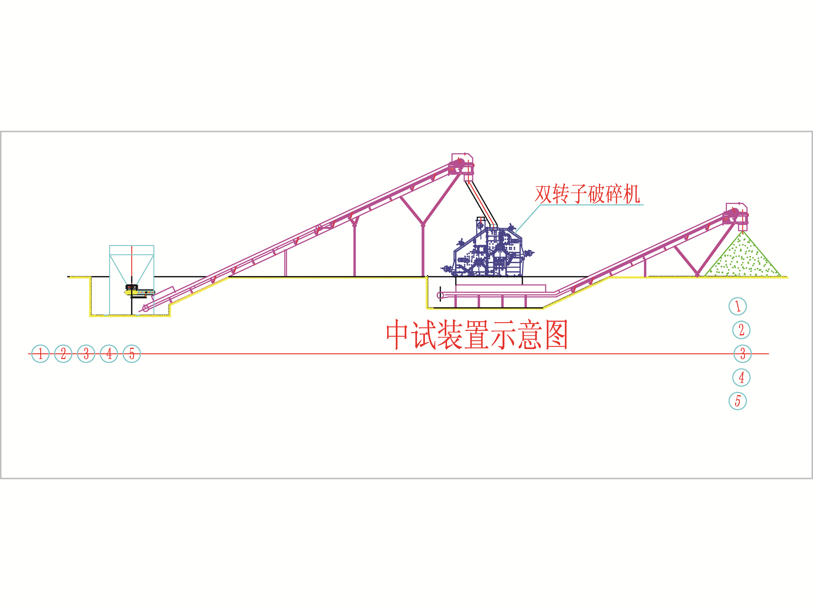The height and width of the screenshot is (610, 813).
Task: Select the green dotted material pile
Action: coord(742,254)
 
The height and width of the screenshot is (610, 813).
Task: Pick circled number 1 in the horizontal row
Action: coord(40,354)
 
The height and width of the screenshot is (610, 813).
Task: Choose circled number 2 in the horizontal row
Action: coord(63,354)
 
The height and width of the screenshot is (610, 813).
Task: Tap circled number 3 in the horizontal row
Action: coord(86,354)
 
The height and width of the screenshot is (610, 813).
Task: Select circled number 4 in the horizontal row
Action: coord(109,354)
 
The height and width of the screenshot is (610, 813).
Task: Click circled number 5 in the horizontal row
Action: coord(132,354)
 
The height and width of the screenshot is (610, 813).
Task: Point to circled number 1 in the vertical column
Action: coord(738,306)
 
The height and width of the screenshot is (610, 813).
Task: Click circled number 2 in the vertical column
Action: coord(741,330)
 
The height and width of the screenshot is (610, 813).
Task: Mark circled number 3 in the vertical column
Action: coord(742,354)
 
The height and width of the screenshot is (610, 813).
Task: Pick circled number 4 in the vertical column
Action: coord(741,377)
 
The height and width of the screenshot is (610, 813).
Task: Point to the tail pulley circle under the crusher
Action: coord(440,295)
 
